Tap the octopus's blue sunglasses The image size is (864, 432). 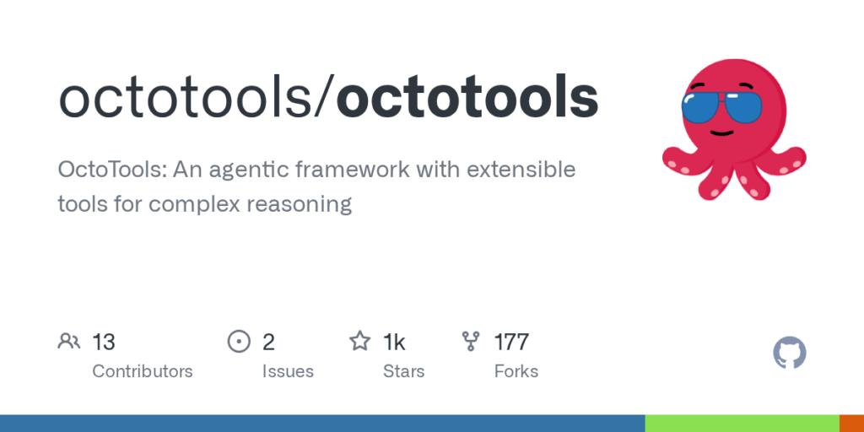click(721, 106)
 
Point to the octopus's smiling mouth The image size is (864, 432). click(721, 133)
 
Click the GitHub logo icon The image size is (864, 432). click(790, 353)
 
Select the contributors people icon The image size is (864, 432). click(69, 342)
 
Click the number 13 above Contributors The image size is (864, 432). click(104, 343)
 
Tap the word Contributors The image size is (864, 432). click(142, 371)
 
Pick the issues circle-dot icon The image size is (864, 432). click(239, 342)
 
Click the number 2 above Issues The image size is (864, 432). click(268, 343)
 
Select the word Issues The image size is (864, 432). click(288, 371)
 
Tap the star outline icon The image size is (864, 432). click(360, 341)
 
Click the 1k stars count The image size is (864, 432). click(395, 343)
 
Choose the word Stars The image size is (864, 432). click(404, 371)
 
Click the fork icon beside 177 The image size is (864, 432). click(471, 342)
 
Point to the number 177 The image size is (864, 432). click(511, 343)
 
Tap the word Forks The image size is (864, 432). click(516, 371)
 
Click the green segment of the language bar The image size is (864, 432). click(742, 424)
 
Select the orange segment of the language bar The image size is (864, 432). click(851, 424)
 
